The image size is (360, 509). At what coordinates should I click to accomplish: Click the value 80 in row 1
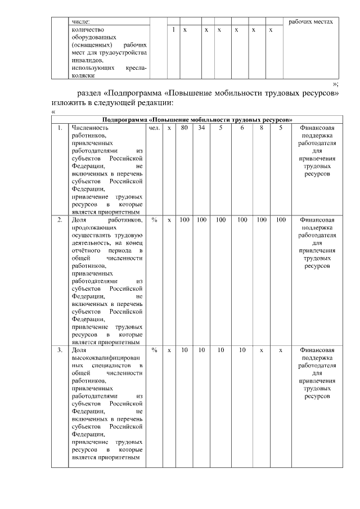tap(184, 128)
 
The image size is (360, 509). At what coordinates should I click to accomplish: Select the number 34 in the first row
tap(201, 128)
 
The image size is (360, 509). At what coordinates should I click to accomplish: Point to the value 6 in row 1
tap(241, 128)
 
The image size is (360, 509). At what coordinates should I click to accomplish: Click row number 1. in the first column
tap(60, 128)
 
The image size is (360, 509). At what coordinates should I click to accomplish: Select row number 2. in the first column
tap(60, 219)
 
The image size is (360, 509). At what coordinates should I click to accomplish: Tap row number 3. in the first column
tap(60, 350)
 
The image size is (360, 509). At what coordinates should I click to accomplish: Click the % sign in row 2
tap(154, 219)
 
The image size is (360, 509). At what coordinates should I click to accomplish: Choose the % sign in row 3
tap(154, 350)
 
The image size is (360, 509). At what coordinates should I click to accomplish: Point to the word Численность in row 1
tap(92, 128)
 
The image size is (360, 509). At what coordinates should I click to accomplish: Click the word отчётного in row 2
tap(90, 250)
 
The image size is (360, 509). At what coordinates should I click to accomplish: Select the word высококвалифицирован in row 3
tap(107, 358)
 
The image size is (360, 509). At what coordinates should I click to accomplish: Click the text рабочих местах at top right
tap(310, 21)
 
